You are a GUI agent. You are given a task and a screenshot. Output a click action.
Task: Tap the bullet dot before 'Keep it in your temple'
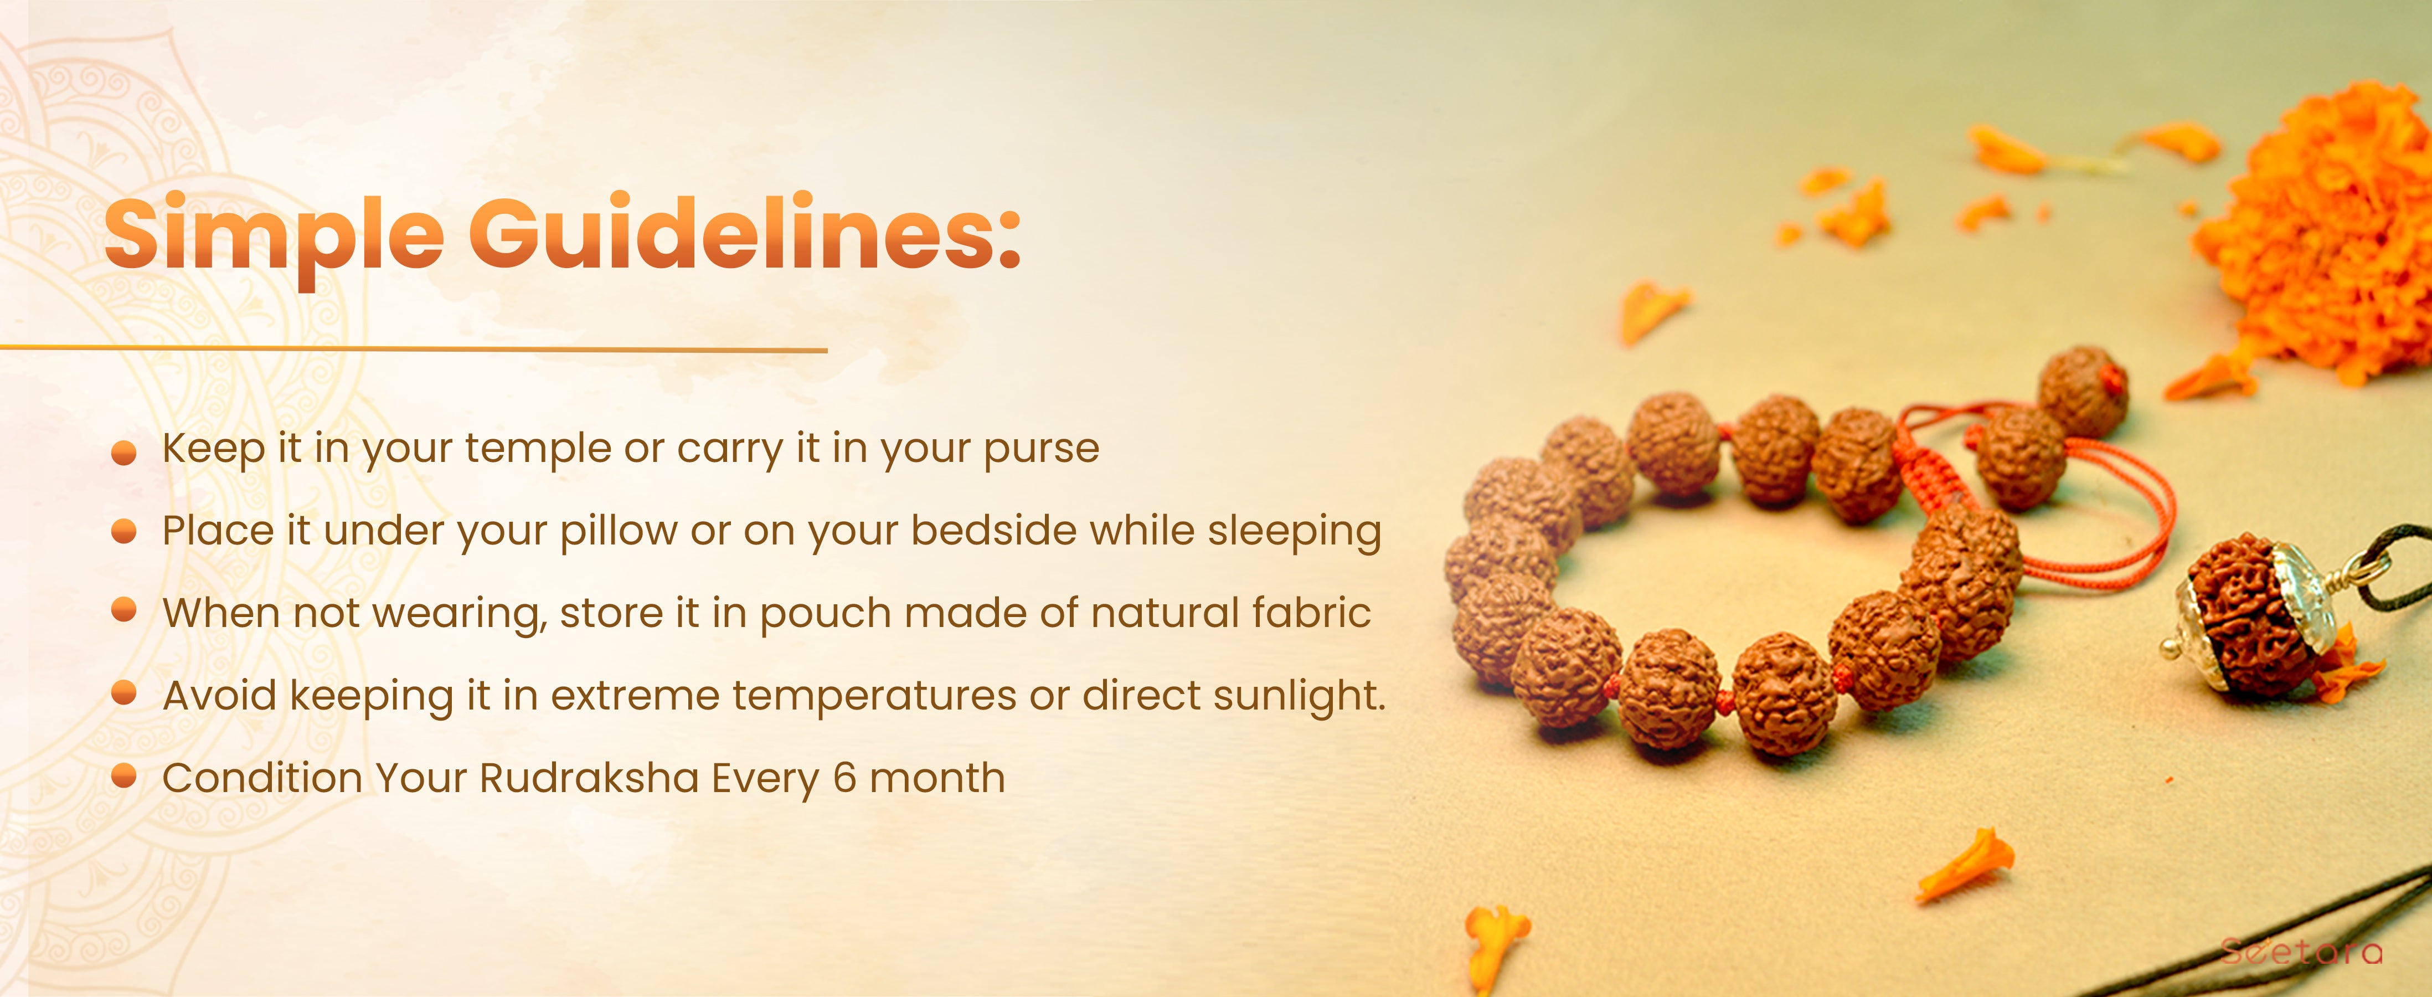click(x=123, y=453)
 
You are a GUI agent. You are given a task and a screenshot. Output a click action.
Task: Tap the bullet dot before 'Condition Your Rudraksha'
click(x=123, y=776)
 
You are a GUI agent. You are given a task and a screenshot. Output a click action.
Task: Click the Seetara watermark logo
click(x=2302, y=950)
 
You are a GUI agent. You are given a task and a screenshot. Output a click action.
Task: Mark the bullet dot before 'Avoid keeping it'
click(x=123, y=694)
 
